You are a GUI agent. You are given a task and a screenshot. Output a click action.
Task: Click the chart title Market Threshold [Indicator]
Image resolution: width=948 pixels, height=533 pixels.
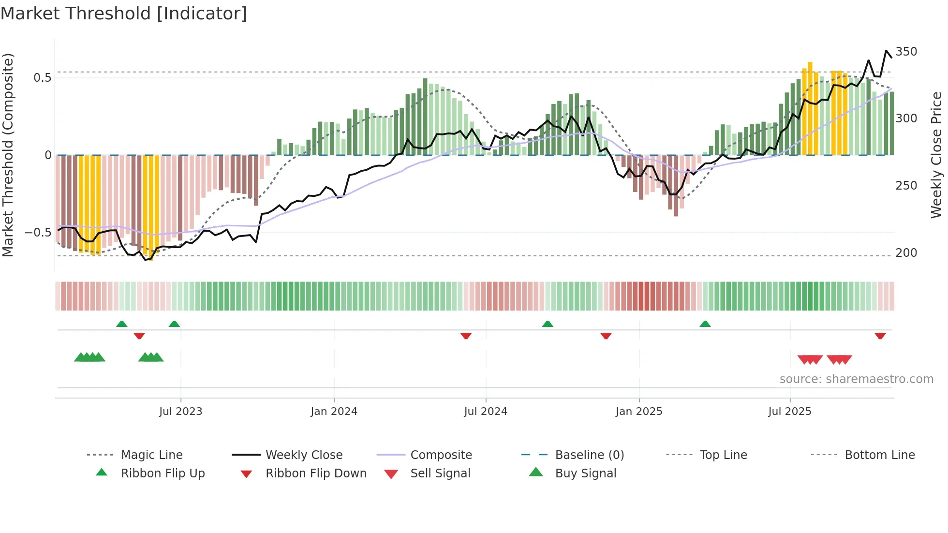(x=124, y=14)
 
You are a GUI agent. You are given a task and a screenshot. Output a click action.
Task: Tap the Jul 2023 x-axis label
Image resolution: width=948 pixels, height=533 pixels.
(x=180, y=412)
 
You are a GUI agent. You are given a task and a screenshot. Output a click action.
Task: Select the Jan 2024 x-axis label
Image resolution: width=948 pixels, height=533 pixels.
(x=334, y=412)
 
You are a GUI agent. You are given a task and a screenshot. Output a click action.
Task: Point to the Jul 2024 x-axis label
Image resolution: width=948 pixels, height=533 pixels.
(x=486, y=412)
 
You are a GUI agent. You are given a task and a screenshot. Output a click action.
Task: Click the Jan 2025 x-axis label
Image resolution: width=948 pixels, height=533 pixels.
(x=639, y=412)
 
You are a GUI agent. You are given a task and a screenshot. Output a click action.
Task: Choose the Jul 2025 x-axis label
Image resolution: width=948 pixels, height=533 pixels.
(x=790, y=412)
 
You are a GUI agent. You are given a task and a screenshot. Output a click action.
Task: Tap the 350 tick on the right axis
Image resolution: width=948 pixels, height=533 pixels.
(x=906, y=52)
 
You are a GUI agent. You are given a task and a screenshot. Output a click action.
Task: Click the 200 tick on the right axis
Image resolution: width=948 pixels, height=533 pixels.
(x=906, y=253)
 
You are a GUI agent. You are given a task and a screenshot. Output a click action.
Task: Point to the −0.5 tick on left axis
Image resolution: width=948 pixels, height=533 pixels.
(x=38, y=233)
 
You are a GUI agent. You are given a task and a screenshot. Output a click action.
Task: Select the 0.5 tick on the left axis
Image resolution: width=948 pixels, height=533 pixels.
(x=42, y=78)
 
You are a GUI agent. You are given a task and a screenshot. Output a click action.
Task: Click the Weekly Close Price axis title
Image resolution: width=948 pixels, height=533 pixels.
(x=936, y=155)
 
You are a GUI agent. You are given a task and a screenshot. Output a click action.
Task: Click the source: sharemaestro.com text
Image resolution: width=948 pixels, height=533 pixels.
(x=856, y=379)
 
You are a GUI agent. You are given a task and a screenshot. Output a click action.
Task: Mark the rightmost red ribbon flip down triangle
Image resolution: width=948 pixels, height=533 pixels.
(x=880, y=336)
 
